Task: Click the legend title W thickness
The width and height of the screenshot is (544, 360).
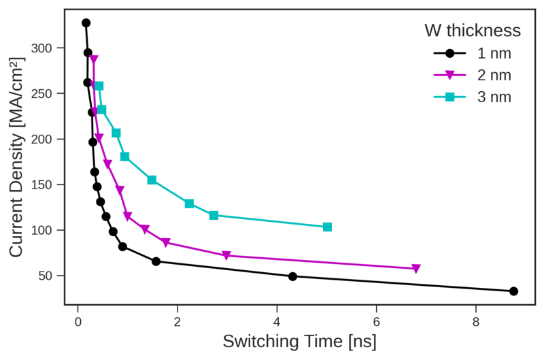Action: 473,31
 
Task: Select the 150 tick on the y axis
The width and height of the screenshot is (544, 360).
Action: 44,184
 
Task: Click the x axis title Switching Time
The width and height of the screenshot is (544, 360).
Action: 299,340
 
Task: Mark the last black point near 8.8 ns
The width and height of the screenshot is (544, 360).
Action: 513,291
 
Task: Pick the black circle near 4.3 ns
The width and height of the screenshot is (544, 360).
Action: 292,276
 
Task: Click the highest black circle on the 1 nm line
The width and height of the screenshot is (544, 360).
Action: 86,22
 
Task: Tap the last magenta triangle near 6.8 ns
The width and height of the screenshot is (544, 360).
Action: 416,269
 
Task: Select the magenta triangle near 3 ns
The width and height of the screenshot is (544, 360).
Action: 226,256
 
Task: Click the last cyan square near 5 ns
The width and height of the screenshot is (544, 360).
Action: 327,227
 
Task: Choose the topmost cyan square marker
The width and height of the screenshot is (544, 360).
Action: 99,86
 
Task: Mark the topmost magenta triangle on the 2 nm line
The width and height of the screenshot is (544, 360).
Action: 94,60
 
